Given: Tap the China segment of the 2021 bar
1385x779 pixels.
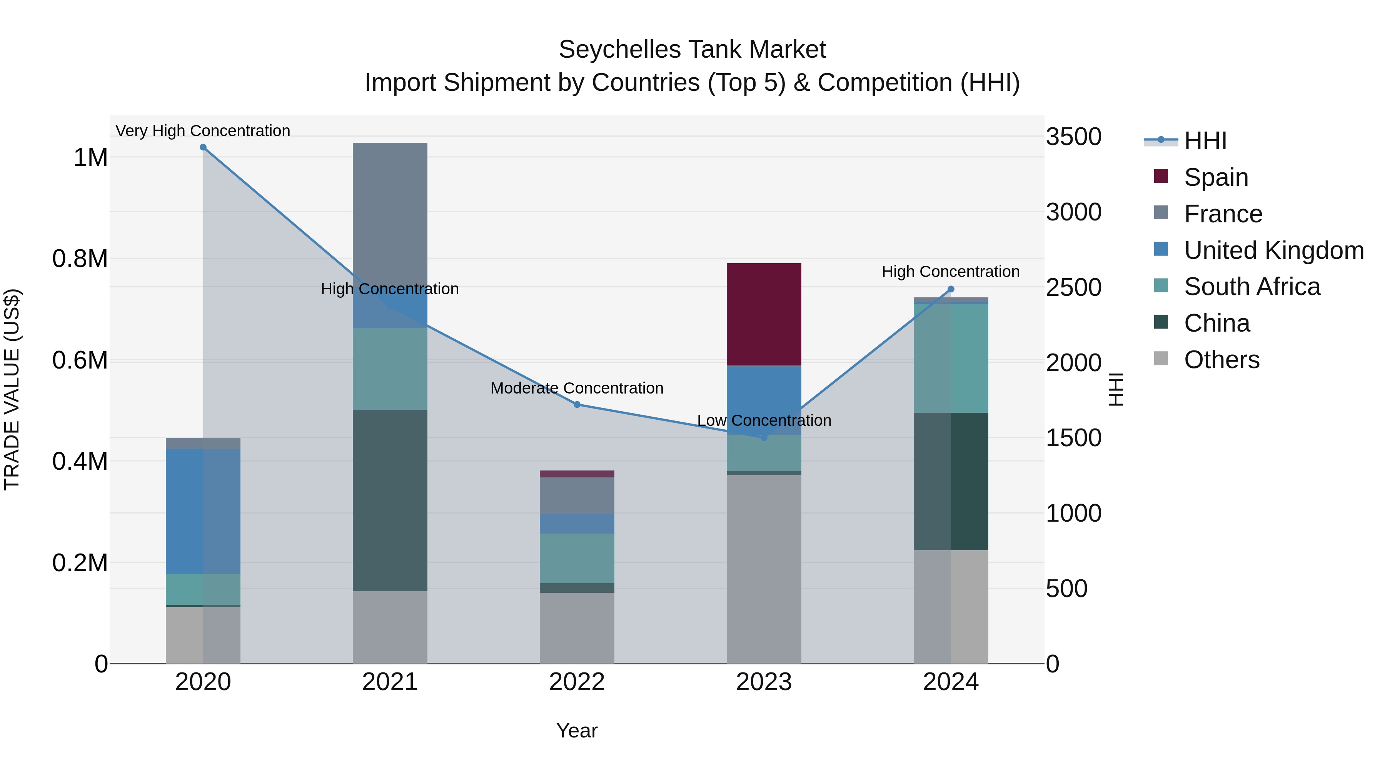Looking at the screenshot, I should pyautogui.click(x=390, y=500).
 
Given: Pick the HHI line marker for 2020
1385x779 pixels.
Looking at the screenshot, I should pyautogui.click(x=203, y=147).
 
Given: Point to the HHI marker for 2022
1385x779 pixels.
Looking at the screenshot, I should pyautogui.click(x=577, y=404).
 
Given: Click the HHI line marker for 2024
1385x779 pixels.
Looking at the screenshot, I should pyautogui.click(x=951, y=289).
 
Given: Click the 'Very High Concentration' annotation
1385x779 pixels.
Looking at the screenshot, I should pyautogui.click(x=203, y=131).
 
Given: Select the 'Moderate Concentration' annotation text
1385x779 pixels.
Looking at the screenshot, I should pyautogui.click(x=577, y=388).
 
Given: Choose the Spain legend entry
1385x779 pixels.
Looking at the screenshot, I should pyautogui.click(x=1216, y=177).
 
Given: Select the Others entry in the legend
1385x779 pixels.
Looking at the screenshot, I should pyautogui.click(x=1221, y=360).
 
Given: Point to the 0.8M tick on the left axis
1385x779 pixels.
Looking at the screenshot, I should pyautogui.click(x=80, y=259).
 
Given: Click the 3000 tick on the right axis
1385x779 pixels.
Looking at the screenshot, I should pyautogui.click(x=1073, y=212).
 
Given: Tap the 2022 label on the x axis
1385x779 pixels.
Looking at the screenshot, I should pyautogui.click(x=577, y=682).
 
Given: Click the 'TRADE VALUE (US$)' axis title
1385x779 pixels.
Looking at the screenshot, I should pyautogui.click(x=12, y=389).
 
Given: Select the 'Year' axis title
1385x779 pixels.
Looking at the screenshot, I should pyautogui.click(x=577, y=731).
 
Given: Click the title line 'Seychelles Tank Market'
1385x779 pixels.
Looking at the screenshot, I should pyautogui.click(x=692, y=50).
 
